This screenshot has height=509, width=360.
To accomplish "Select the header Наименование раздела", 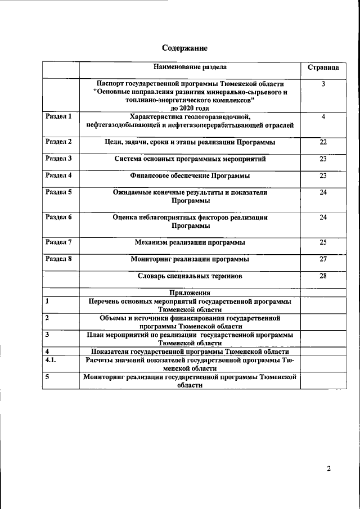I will pyautogui.click(x=190, y=67).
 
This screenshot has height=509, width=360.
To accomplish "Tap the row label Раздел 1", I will pyautogui.click(x=58, y=116).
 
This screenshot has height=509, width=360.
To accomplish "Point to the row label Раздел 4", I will pyautogui.click(x=58, y=175).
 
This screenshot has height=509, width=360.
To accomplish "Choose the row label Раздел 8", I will pyautogui.click(x=58, y=259).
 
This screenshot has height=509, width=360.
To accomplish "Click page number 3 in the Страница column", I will pyautogui.click(x=323, y=84).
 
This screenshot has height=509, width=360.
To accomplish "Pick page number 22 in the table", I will pyautogui.click(x=323, y=142).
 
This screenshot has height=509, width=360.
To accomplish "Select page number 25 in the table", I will pyautogui.click(x=323, y=242).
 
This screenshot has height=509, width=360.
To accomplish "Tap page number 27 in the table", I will pyautogui.click(x=323, y=259).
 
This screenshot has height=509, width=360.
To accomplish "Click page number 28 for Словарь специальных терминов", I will pyautogui.click(x=323, y=276).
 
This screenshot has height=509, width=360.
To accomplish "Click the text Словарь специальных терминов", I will pyautogui.click(x=190, y=276).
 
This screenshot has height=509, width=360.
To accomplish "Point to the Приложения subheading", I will pyautogui.click(x=190, y=292).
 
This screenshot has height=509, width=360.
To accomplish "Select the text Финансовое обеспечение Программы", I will pyautogui.click(x=190, y=176).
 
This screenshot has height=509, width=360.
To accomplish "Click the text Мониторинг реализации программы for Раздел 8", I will pyautogui.click(x=190, y=260).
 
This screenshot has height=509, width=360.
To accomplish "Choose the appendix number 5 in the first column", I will pyautogui.click(x=48, y=377).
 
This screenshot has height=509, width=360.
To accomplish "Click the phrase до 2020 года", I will pyautogui.click(x=190, y=107).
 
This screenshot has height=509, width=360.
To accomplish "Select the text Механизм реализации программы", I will pyautogui.click(x=190, y=243).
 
